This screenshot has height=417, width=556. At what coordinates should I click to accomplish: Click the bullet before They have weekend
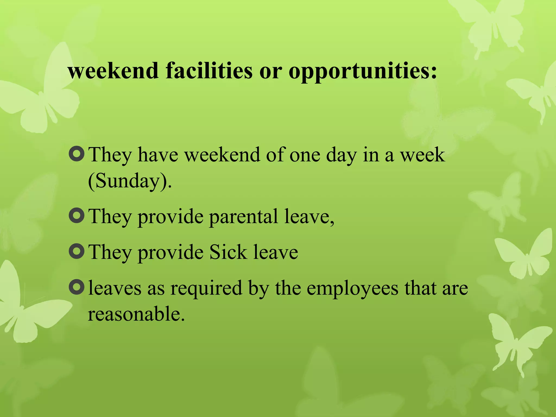click(x=77, y=154)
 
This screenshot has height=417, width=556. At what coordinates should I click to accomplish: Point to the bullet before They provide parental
click(x=77, y=216)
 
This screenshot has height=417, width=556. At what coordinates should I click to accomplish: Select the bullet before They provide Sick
click(x=77, y=251)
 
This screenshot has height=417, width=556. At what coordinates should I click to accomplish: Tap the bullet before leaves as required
click(x=77, y=287)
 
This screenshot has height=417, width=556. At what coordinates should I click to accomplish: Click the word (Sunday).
click(x=130, y=181)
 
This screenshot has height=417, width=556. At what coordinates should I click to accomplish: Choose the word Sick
click(x=228, y=252)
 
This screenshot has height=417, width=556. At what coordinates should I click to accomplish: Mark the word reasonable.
click(x=136, y=314)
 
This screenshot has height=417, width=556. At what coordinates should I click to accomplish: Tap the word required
click(x=206, y=289)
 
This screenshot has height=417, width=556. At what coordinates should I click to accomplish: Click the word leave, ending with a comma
click(x=309, y=217)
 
